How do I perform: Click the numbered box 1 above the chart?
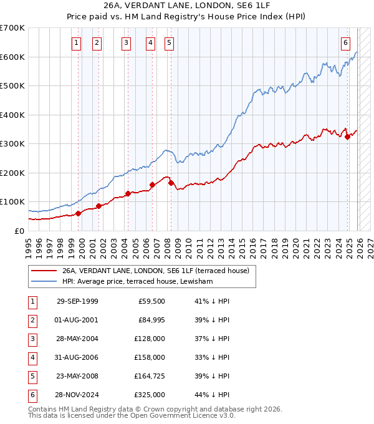76,43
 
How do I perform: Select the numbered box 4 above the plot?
151,43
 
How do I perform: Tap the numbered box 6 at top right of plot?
345,43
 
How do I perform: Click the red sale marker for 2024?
347,137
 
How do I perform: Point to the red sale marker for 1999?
79,213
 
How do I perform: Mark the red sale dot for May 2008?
171,183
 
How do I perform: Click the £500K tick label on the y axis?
12,86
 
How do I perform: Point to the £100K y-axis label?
12,202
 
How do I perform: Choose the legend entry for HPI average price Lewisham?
137,282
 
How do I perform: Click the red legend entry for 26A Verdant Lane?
155,271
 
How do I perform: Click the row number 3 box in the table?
32,339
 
